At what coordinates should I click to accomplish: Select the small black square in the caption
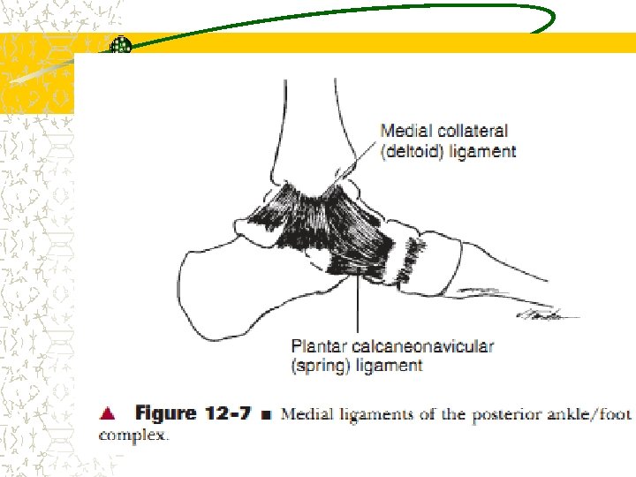(264, 413)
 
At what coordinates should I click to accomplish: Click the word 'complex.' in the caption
(132, 435)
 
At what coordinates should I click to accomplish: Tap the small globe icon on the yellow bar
(121, 44)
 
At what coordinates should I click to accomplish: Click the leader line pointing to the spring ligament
(358, 305)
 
